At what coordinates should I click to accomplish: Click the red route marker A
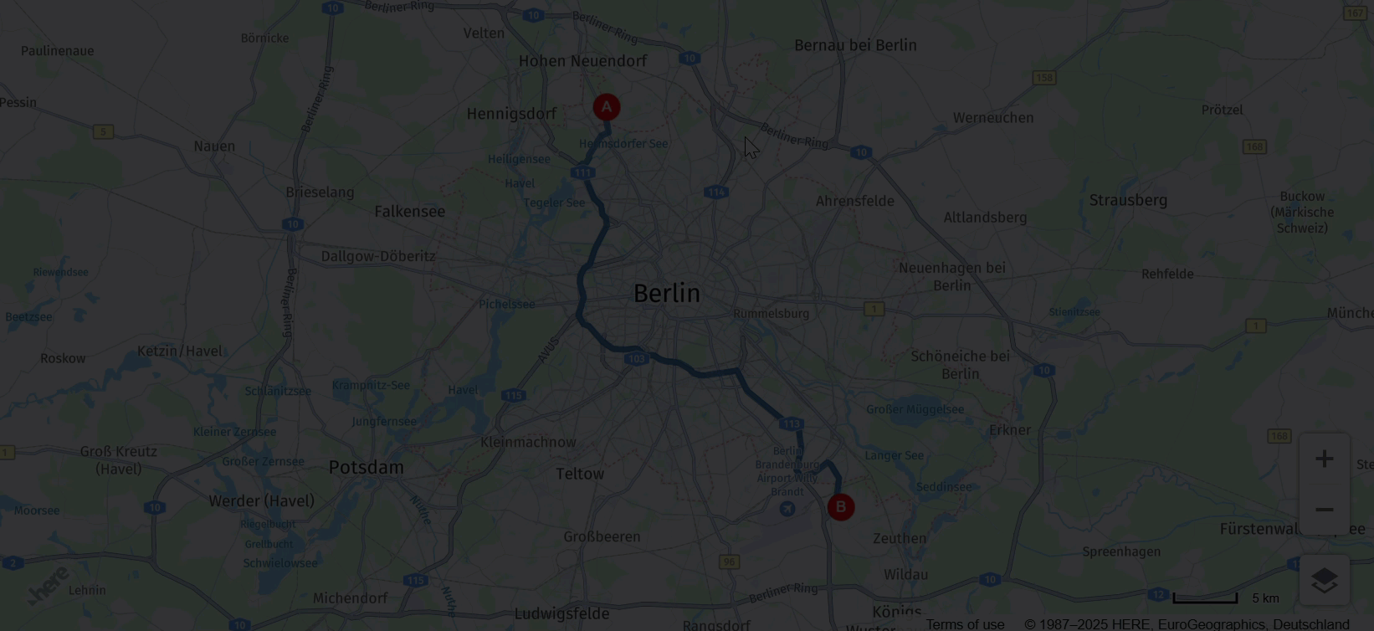607,107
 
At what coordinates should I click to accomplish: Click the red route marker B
841,507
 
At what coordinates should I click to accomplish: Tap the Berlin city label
666,293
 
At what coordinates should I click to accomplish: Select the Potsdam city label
366,467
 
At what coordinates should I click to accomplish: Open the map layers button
1324,580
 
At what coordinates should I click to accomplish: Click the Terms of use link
965,624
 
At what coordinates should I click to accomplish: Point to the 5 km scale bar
1205,598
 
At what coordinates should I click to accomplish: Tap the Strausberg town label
1128,200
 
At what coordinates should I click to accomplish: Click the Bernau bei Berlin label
855,45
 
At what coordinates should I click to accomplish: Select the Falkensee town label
410,212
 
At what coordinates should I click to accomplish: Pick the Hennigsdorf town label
511,114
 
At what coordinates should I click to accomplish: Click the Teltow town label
580,474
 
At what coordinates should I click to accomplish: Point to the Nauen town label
214,146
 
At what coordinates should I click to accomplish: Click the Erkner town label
1010,430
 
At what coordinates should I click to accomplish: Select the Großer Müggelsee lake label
915,409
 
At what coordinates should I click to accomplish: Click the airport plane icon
787,508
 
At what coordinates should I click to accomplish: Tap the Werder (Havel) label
261,500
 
